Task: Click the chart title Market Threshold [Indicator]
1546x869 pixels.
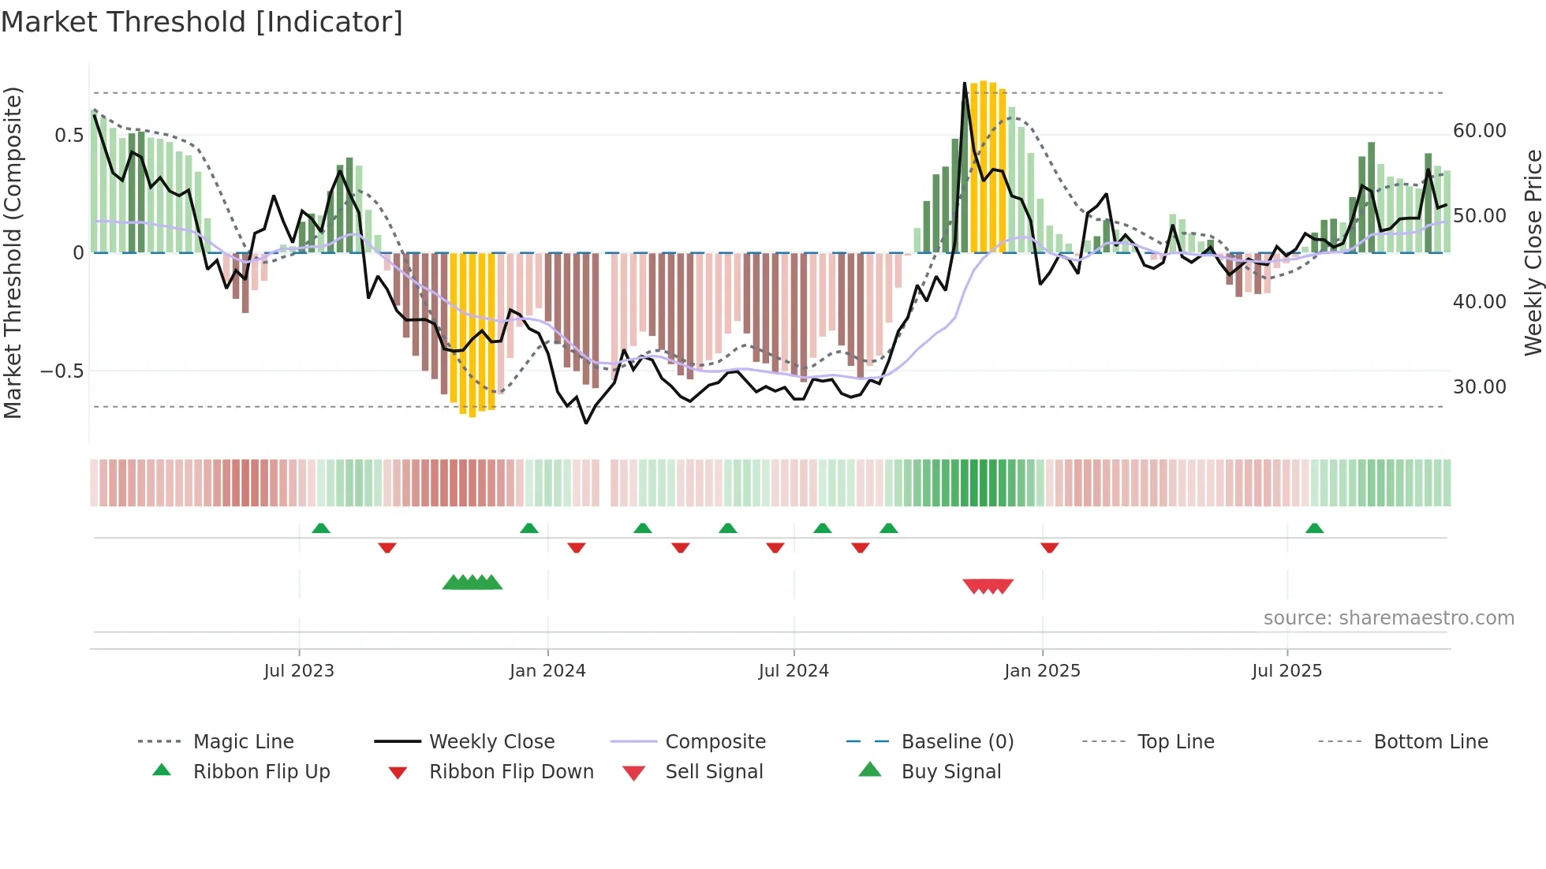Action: tap(202, 22)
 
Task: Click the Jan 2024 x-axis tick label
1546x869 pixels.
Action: tap(547, 670)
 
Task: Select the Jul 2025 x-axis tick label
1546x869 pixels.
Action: tap(1286, 670)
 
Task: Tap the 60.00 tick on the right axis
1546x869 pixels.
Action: tap(1479, 130)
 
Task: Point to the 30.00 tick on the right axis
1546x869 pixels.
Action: tap(1479, 386)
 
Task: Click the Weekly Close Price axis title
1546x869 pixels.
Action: tap(1533, 252)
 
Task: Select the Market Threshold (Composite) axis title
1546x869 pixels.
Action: tap(13, 252)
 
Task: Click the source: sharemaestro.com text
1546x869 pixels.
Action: tap(1388, 617)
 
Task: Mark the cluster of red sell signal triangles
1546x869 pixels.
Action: tap(988, 586)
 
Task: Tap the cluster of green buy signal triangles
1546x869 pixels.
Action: tap(472, 583)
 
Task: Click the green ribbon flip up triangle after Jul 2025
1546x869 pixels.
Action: tap(1314, 528)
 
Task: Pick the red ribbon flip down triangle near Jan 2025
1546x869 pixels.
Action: tap(1049, 547)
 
